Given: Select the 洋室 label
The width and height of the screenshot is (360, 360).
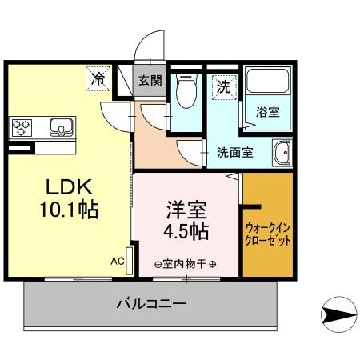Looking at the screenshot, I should (187, 210).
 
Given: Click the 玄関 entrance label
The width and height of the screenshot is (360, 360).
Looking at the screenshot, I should (149, 80).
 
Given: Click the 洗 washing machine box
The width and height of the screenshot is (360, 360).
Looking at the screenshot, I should (223, 86).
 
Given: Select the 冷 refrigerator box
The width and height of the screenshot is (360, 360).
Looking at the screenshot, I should (98, 78).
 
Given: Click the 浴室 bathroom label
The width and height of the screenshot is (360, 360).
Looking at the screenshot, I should (267, 111).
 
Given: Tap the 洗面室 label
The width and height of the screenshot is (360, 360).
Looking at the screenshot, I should (235, 152).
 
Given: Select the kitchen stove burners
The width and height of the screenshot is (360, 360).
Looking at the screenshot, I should (22, 126).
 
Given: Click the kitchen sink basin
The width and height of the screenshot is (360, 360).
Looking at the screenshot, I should (59, 126).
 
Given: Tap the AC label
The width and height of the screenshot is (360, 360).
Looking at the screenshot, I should (117, 261).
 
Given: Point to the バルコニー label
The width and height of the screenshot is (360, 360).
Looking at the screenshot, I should (152, 304).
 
